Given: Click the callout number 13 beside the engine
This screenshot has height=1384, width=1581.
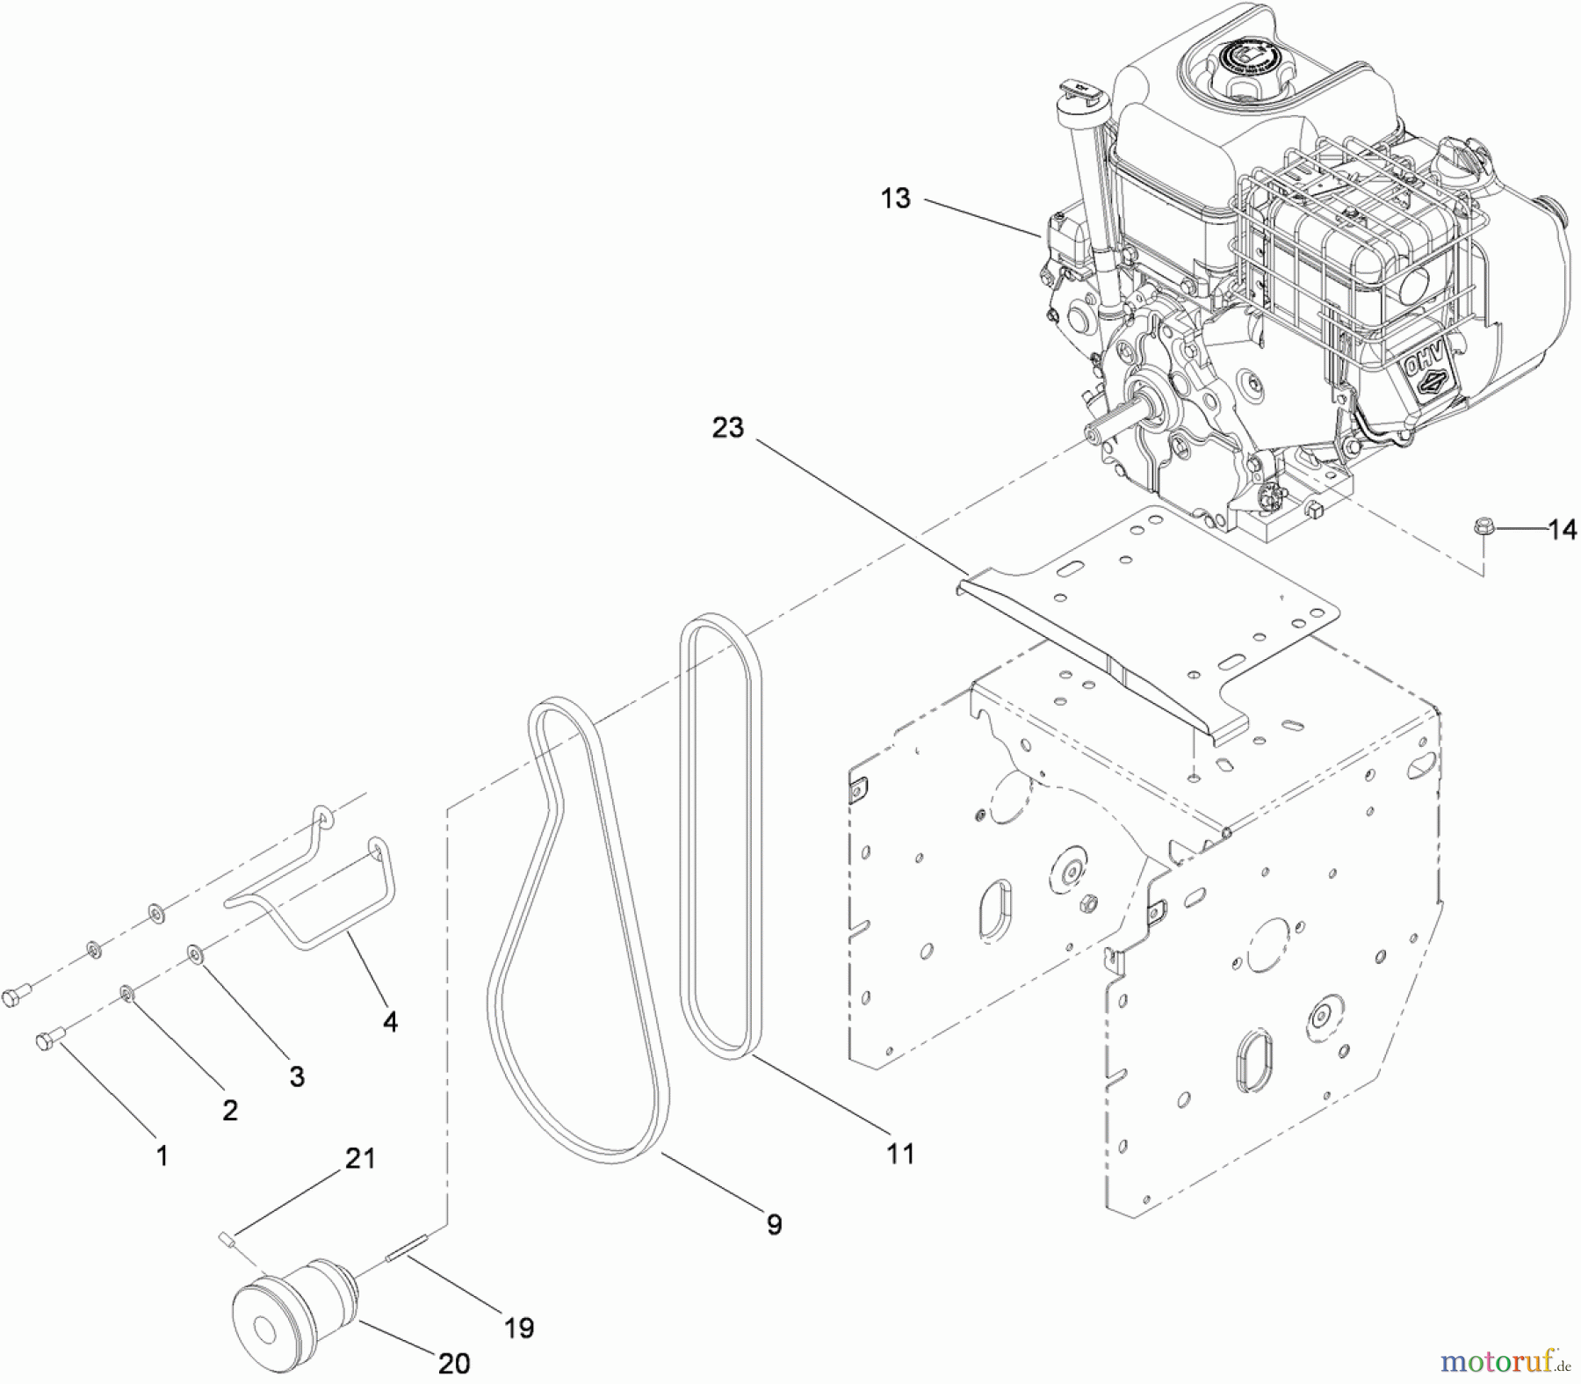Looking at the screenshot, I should pos(895,199).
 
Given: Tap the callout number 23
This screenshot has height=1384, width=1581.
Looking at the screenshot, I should pos(727,428).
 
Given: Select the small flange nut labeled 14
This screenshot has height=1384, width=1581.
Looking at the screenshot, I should pos(1482,527).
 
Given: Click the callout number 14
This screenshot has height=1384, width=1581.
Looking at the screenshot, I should pos(1562,529).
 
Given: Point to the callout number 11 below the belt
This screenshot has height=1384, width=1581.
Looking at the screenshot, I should pos(900,1153).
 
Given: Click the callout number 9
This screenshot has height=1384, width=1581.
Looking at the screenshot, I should pos(774,1224).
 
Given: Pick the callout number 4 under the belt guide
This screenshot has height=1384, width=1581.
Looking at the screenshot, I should pos(390,1021).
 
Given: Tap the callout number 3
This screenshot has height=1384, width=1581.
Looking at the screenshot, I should pos(297,1076).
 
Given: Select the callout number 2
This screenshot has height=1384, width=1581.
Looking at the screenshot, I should pos(229,1111).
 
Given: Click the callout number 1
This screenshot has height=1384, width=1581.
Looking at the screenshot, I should pos(162,1156).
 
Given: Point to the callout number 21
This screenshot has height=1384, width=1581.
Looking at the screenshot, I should pos(360,1159).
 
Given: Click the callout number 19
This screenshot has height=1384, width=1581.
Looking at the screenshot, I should pos(519,1327).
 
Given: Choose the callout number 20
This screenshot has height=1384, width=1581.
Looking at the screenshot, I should pos(454,1363).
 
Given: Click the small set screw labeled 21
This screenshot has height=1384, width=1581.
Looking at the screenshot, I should pos(225,1238).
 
